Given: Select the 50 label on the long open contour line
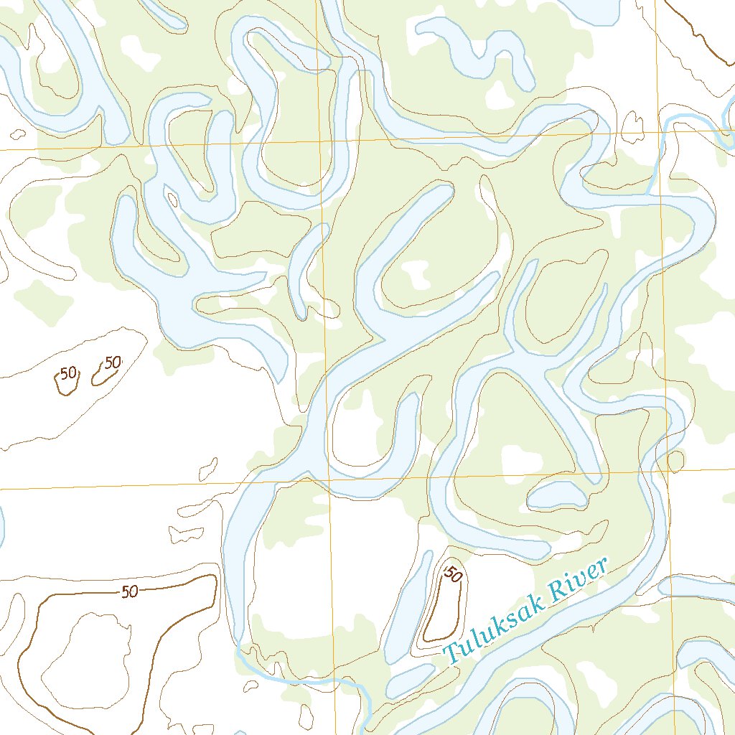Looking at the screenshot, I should (130, 592).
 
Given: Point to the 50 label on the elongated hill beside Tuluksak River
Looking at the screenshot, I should (453, 574).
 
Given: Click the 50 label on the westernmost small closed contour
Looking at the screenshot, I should (69, 373).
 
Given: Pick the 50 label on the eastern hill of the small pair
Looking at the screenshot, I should (113, 362).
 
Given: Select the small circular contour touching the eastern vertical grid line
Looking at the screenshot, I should (675, 461).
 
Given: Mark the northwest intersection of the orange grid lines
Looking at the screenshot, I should (320, 141).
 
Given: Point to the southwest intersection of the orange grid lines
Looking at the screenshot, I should (329, 479).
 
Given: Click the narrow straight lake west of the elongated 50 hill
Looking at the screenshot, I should (406, 610).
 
